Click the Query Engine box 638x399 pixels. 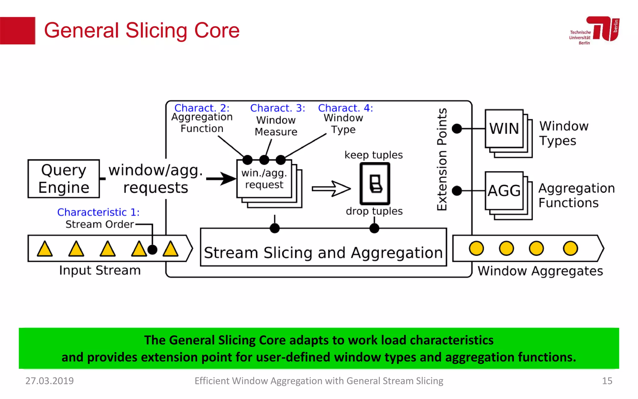pyautogui.click(x=64, y=179)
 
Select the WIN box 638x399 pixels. pyautogui.click(x=504, y=129)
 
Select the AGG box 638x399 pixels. pyautogui.click(x=504, y=191)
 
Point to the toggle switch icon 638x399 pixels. pyautogui.click(x=375, y=184)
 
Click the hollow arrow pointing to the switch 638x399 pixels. pyautogui.click(x=331, y=189)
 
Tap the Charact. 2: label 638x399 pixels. pyautogui.click(x=202, y=108)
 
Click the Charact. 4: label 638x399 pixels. pyautogui.click(x=345, y=108)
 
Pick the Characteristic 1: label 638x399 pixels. pyautogui.click(x=98, y=212)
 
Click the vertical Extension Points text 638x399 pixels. pyautogui.click(x=442, y=159)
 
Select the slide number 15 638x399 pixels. pyautogui.click(x=607, y=381)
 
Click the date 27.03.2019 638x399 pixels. pyautogui.click(x=50, y=381)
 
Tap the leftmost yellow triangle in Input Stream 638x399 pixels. pyautogui.click(x=45, y=249)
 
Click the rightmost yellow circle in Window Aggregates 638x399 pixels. pyautogui.click(x=570, y=248)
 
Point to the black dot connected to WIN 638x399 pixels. pyautogui.click(x=457, y=128)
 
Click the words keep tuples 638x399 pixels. pyautogui.click(x=374, y=155)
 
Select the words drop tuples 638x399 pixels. pyautogui.click(x=374, y=211)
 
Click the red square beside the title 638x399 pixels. pyautogui.click(x=17, y=31)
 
